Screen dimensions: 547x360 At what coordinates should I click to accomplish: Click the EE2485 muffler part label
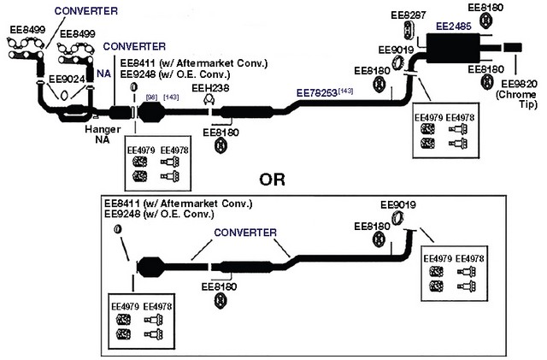tap(454, 27)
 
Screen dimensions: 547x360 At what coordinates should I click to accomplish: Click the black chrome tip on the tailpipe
tap(513, 47)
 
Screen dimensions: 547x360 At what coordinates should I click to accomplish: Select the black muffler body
tap(452, 48)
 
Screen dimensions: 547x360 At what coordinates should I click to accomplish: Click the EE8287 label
tap(409, 15)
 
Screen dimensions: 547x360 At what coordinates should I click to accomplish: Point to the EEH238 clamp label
tap(210, 88)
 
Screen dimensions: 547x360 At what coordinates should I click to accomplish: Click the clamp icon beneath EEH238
tap(209, 100)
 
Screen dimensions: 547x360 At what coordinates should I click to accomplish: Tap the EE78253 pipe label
tap(317, 93)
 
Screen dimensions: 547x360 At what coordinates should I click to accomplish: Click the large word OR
tap(272, 180)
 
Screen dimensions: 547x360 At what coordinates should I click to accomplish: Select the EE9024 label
tap(67, 80)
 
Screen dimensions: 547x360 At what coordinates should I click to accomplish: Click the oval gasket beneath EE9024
tap(64, 95)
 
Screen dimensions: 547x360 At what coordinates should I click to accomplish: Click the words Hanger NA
tap(103, 134)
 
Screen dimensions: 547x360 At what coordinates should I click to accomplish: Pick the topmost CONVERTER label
tap(85, 11)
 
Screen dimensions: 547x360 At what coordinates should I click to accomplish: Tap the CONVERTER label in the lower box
tap(245, 233)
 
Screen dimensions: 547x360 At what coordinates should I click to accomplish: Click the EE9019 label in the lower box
tap(398, 205)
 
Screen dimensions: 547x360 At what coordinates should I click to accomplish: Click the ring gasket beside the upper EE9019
tap(397, 63)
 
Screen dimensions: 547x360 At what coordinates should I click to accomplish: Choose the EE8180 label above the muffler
tap(485, 8)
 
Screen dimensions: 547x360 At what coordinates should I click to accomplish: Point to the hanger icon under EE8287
tap(409, 30)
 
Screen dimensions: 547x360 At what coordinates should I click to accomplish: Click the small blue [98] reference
tap(152, 97)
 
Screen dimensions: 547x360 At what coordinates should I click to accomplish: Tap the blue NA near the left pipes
tap(104, 74)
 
